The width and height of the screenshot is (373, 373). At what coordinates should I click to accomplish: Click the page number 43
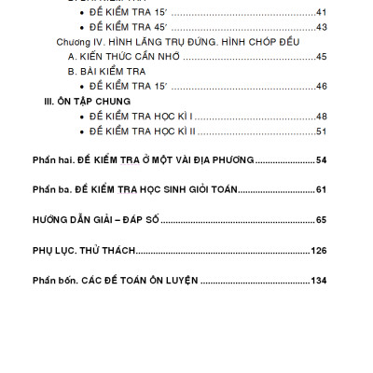(x=322, y=27)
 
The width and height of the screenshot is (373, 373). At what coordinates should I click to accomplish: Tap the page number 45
(x=322, y=57)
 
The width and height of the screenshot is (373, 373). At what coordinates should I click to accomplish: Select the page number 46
(x=322, y=86)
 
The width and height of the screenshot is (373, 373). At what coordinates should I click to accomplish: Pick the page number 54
(x=322, y=160)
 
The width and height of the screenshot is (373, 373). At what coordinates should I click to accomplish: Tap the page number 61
(x=322, y=190)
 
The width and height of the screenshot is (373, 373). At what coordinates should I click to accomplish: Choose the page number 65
(x=322, y=220)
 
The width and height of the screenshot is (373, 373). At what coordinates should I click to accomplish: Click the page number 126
(x=320, y=250)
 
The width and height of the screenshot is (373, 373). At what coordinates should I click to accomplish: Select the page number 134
(x=319, y=280)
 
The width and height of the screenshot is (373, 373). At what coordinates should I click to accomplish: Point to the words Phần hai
(x=52, y=160)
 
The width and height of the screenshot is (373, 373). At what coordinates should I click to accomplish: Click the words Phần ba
(x=51, y=190)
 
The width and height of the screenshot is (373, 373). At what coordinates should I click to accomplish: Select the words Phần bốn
(x=53, y=280)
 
